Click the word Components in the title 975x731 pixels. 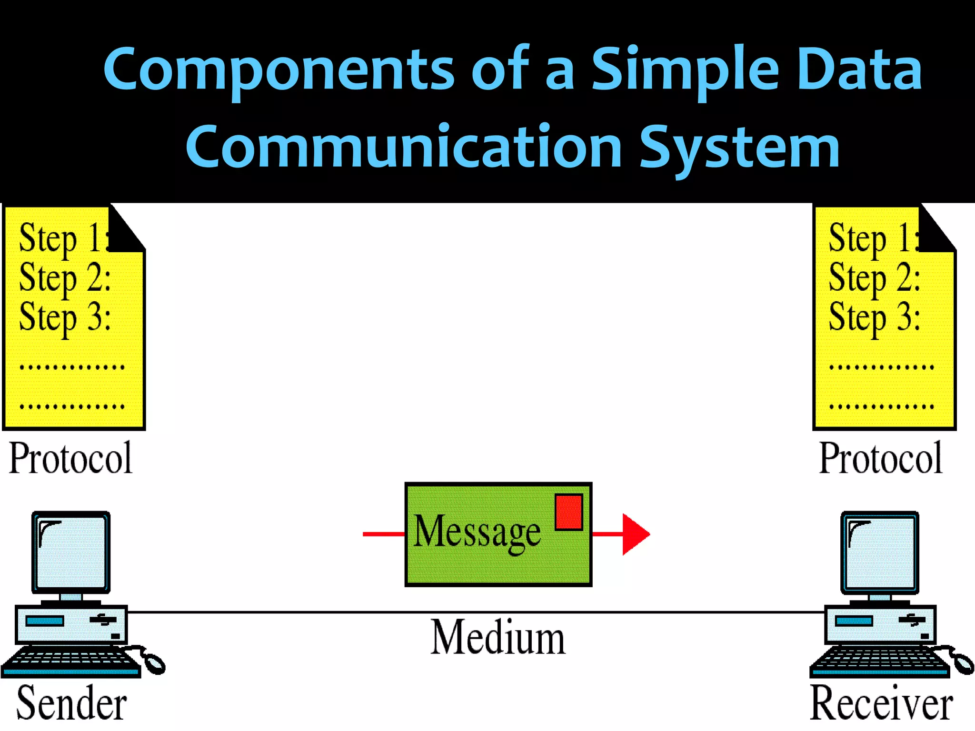click(x=278, y=69)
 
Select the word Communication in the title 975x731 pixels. click(x=403, y=147)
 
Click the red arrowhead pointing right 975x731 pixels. click(x=634, y=534)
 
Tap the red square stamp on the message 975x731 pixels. click(x=568, y=512)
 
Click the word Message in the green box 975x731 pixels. click(x=477, y=532)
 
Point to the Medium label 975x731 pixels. click(x=497, y=638)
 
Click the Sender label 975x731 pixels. click(x=71, y=703)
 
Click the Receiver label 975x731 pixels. click(x=881, y=703)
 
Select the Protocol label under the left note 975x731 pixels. click(x=70, y=458)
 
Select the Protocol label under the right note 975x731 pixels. click(x=880, y=458)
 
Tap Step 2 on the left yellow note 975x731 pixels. click(x=65, y=277)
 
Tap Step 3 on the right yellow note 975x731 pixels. click(x=874, y=317)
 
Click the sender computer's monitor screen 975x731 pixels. click(x=71, y=552)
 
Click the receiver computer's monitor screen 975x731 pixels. click(x=880, y=552)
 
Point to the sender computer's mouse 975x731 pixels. click(x=153, y=662)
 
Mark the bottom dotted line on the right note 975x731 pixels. click(x=881, y=406)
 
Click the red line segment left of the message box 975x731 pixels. click(x=384, y=534)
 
